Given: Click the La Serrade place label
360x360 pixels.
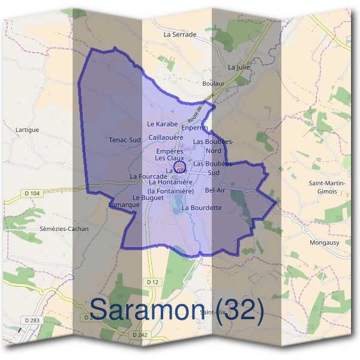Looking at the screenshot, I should pyautogui.click(x=180, y=35).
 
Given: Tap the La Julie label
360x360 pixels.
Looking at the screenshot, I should pyautogui.click(x=239, y=67).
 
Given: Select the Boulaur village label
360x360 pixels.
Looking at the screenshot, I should pyautogui.click(x=214, y=83).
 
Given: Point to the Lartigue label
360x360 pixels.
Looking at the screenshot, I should pyautogui.click(x=27, y=130).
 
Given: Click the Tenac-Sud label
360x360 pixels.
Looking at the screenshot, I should pyautogui.click(x=125, y=140).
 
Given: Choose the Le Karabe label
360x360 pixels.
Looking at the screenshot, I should pyautogui.click(x=163, y=124).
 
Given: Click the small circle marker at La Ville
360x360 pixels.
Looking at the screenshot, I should pyautogui.click(x=179, y=166).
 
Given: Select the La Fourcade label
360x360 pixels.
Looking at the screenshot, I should pyautogui.click(x=148, y=176).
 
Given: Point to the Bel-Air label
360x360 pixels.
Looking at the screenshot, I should pyautogui.click(x=215, y=190).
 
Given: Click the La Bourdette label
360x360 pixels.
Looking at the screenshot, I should pyautogui.click(x=202, y=208).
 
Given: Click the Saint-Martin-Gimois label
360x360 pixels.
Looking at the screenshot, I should pyautogui.click(x=331, y=187).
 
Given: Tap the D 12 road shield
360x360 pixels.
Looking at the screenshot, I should pyautogui.click(x=151, y=281).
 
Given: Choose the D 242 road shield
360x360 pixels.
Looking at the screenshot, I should pyautogui.click(x=139, y=334).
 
